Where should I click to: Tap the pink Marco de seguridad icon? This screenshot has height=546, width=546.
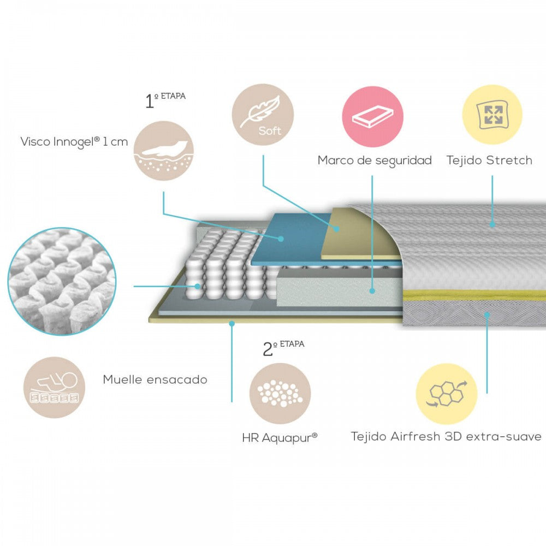coord(372,116)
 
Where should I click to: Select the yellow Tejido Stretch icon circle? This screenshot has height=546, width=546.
coord(492,114)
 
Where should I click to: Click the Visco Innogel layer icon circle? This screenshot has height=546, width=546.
coord(164,151)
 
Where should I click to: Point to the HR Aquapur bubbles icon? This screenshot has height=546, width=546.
coord(280,393)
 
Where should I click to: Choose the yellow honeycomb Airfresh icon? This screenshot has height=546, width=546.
coord(447,394)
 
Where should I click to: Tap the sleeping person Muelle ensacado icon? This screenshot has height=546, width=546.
coord(54,388)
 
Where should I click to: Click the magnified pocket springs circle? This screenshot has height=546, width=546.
coord(62,281)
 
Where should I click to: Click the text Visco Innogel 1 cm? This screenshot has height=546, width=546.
coord(74,142)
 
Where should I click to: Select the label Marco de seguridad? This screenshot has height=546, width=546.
coord(375,160)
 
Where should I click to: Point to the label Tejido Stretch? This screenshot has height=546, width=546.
coord(489,160)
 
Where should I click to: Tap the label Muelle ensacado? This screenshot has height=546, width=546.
coord(155,379)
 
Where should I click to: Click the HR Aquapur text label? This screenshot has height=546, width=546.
coord(280,437)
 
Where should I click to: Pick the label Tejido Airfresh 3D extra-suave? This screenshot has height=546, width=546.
coord(446,436)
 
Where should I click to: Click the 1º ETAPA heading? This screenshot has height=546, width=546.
coord(165,100)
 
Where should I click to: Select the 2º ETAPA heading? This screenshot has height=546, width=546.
coord(283,348)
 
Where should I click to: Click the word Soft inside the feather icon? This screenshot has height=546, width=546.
coord(270,131)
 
